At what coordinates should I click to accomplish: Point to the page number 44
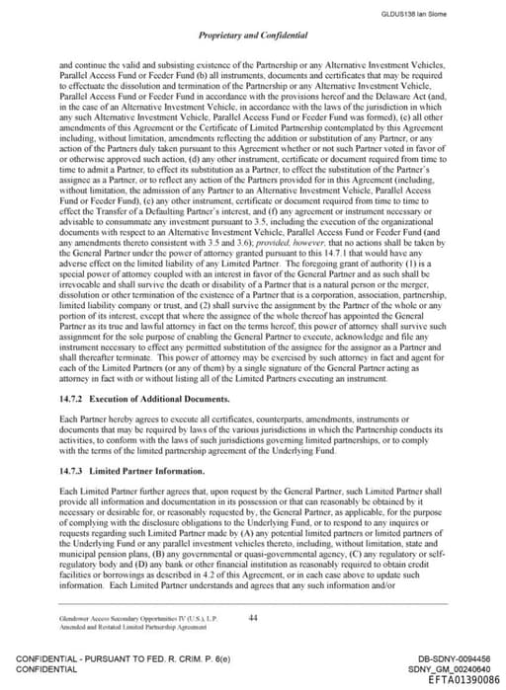253,617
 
